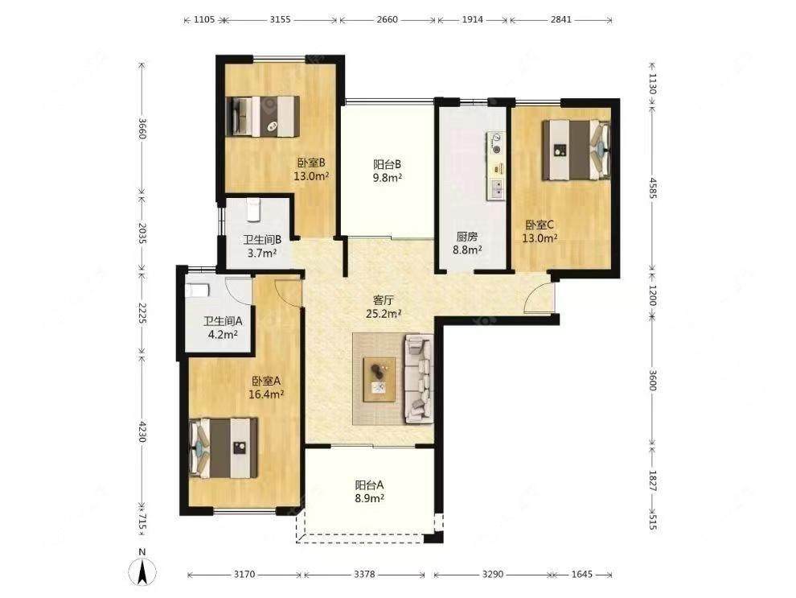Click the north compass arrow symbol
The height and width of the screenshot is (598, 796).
pos(142,571)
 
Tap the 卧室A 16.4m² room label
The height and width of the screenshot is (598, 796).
pos(266,387)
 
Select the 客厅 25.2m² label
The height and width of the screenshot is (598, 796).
pos(384,307)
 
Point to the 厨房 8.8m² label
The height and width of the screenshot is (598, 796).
pos(467,243)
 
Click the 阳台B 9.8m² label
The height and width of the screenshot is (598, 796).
pos(388,171)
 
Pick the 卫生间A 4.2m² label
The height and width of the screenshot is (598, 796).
pos(223,328)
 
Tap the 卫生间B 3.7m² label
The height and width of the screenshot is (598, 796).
pos(262,246)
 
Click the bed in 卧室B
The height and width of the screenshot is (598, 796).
pos(262,116)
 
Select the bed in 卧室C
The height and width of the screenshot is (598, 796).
pos(576,150)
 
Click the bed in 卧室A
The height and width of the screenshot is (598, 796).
pos(224,447)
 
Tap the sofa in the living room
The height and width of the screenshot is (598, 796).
pos(419,378)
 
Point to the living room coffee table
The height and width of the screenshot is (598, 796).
pos(380,379)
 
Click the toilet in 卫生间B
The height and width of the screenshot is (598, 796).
pos(252,210)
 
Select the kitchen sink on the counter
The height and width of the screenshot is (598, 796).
pos(496,189)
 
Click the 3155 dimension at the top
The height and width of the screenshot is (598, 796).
pos(281,20)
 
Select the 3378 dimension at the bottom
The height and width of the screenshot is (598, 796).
pos(364,574)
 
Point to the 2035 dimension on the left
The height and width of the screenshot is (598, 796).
pos(142,233)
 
